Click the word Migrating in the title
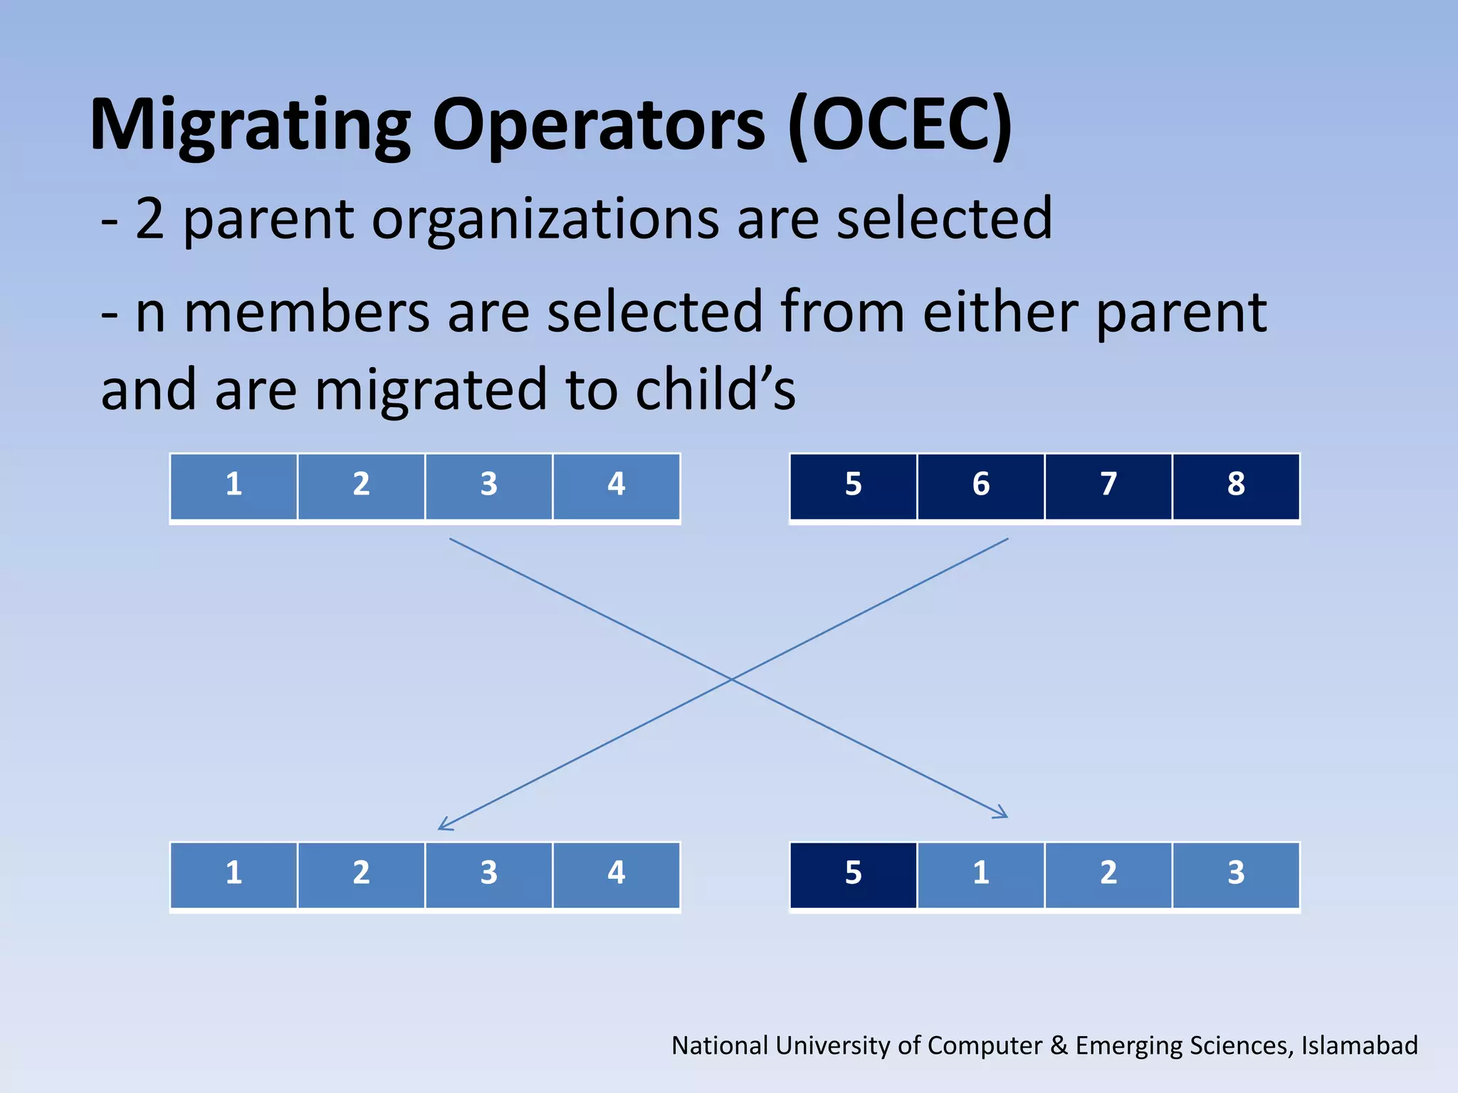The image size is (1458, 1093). pyautogui.click(x=249, y=127)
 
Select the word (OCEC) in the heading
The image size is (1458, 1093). pyautogui.click(x=900, y=125)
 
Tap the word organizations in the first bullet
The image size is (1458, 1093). pyautogui.click(x=545, y=219)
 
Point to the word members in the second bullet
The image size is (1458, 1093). pyautogui.click(x=307, y=313)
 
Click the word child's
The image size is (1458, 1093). pyautogui.click(x=715, y=391)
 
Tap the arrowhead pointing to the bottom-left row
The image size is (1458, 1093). pyautogui.click(x=443, y=826)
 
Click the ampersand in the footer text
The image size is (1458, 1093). pyautogui.click(x=1059, y=1045)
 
